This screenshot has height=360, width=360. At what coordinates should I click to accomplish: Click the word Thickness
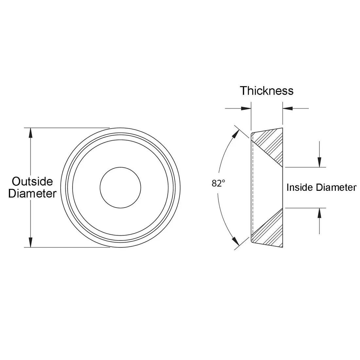(x=266, y=91)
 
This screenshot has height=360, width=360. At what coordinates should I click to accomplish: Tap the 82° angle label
(x=218, y=183)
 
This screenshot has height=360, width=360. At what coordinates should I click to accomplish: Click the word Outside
(x=32, y=182)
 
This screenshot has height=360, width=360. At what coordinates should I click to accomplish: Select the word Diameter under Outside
(x=32, y=193)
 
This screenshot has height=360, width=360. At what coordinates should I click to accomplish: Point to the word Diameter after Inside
(x=336, y=187)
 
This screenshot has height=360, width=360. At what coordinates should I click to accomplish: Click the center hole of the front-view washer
(x=120, y=188)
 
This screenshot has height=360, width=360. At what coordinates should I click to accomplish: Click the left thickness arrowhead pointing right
(x=246, y=108)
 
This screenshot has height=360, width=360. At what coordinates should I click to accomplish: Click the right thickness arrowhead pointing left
(x=288, y=108)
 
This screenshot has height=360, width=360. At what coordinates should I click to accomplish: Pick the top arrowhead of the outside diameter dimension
(x=30, y=133)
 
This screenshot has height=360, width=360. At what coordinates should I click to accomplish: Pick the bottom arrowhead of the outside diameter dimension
(x=30, y=242)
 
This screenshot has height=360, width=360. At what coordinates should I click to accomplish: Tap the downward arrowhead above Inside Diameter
(x=319, y=162)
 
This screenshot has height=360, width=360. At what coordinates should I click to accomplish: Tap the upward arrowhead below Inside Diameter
(x=319, y=213)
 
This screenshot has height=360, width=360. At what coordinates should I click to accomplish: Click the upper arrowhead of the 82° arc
(x=236, y=134)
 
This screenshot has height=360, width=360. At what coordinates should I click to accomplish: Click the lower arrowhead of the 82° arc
(x=236, y=241)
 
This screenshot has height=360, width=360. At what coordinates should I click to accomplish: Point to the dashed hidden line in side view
(x=253, y=188)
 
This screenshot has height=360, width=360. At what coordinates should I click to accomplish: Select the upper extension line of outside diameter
(x=67, y=128)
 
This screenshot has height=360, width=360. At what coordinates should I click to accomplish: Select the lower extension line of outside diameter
(x=67, y=247)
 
